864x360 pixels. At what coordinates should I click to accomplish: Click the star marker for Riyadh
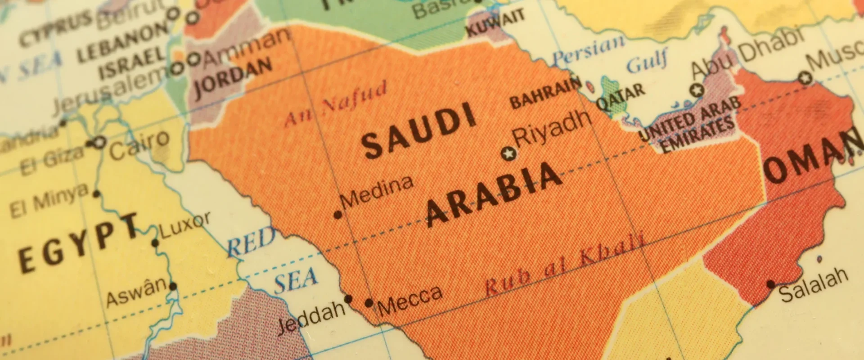coord(509,154)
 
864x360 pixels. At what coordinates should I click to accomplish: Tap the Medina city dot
coord(338,215)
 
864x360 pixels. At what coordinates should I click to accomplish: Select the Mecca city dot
coord(369,303)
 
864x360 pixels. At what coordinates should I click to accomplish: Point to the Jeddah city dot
coord(348,298)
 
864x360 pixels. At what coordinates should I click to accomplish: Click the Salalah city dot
coord(771,284)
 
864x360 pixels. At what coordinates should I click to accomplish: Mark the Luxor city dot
coord(155,243)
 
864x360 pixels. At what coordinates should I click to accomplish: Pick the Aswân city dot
coord(173,286)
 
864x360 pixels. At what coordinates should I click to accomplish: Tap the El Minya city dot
coord(96,194)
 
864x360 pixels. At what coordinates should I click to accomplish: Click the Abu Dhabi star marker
coord(697,90)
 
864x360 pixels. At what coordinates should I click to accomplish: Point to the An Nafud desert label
coord(336,104)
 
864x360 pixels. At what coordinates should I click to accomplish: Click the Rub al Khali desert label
coord(565,265)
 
